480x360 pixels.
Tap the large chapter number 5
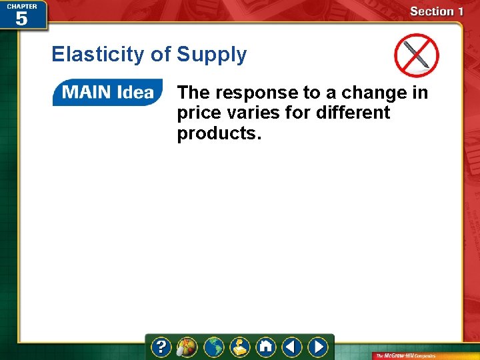21,18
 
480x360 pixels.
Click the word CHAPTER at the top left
21,6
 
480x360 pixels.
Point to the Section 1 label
437,11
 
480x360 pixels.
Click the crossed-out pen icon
416,55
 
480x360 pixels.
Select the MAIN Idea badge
107,92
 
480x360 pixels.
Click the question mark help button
161,347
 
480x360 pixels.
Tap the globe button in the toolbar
214,347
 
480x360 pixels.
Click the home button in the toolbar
266,347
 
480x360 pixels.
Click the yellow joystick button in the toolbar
240,347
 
